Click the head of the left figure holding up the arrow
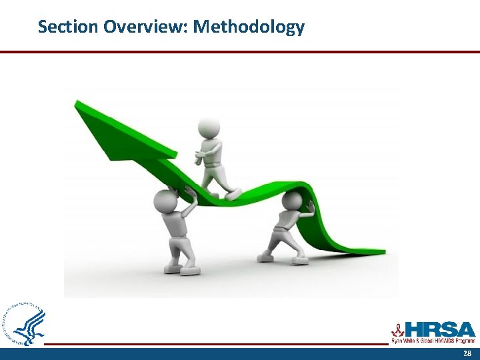coord(164,201)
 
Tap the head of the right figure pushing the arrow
coord(291,200)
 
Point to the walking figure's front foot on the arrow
coord(233,193)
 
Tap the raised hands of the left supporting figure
coord(189,192)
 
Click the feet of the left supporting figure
coord(180,269)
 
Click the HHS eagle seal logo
coord(25,324)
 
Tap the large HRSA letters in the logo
coord(441,330)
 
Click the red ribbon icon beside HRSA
coord(398,329)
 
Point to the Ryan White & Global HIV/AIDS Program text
coord(432,341)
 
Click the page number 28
coord(467,353)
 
